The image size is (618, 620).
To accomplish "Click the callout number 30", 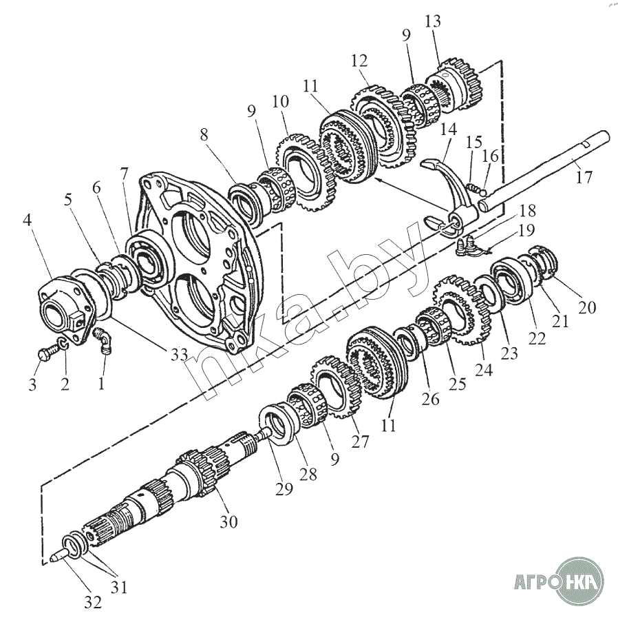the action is click(x=228, y=521).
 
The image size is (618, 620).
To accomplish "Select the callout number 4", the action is click(x=27, y=223).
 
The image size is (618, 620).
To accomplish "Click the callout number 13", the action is click(x=433, y=21).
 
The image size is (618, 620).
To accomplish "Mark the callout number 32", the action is click(x=93, y=601).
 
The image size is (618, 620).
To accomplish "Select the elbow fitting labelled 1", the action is click(x=104, y=340).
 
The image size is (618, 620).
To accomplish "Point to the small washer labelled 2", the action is click(x=62, y=344).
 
